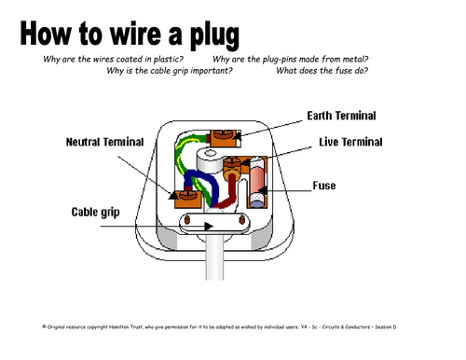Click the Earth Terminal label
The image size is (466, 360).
click(x=341, y=116)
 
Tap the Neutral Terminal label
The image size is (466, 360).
click(x=104, y=142)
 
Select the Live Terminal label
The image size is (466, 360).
click(x=350, y=142)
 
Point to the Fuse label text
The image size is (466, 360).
click(x=324, y=186)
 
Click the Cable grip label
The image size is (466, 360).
click(x=95, y=213)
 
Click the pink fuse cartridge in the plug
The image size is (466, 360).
click(x=257, y=182)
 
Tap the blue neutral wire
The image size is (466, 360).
click(x=203, y=184)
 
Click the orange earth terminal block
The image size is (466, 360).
click(x=226, y=138)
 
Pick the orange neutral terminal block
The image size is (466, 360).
click(x=188, y=199)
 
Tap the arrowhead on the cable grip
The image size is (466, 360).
click(x=209, y=226)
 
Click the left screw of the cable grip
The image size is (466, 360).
click(x=187, y=220)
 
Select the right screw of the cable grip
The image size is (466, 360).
click(x=241, y=219)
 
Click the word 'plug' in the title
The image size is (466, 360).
click(x=214, y=35)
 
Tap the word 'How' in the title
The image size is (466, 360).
click(x=46, y=34)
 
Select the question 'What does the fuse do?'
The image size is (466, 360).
click(x=322, y=71)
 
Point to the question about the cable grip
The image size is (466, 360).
click(x=170, y=71)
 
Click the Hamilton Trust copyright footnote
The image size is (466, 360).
click(x=219, y=326)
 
